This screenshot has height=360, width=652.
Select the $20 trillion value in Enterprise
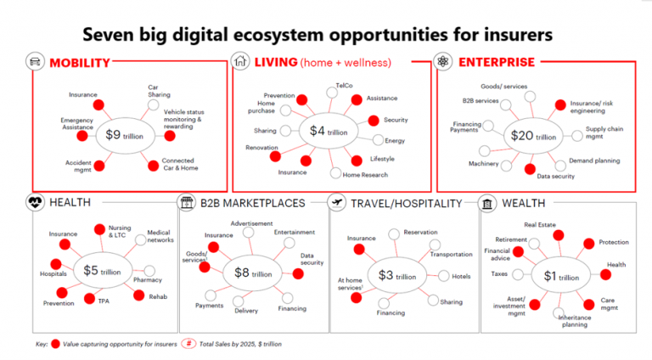(x=532, y=135)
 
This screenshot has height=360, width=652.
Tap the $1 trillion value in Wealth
(x=561, y=277)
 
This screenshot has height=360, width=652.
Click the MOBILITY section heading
(x=79, y=62)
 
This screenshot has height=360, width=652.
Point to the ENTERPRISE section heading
(x=497, y=62)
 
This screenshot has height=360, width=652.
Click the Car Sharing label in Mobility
(x=159, y=91)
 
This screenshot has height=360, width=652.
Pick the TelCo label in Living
(x=344, y=86)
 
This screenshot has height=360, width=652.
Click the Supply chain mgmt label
(x=602, y=134)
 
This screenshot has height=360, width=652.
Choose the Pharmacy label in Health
(x=147, y=279)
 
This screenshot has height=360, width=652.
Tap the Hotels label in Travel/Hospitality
(x=461, y=276)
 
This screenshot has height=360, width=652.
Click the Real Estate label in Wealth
(x=540, y=225)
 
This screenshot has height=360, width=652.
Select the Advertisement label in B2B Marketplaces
(x=251, y=223)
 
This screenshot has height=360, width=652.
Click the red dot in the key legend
(x=56, y=345)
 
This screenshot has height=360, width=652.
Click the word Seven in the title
(x=110, y=34)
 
